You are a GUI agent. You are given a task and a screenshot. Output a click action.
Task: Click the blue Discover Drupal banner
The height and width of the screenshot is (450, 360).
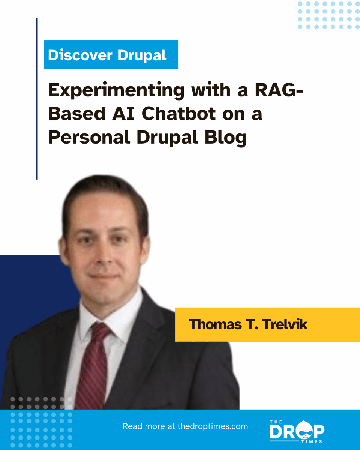click(x=111, y=55)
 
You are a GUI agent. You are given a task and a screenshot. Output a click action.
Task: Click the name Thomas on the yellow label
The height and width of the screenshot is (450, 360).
click(x=214, y=324)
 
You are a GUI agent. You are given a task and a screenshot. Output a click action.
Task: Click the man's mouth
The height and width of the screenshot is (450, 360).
click(x=104, y=277)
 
